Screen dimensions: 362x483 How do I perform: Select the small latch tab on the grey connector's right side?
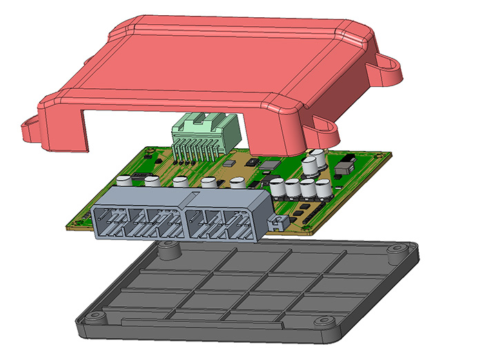point(278,222)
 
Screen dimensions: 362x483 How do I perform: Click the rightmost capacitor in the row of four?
point(322,188)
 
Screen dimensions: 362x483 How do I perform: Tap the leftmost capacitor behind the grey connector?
point(125,181)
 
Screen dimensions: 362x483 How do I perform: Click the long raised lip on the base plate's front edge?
point(200,321)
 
